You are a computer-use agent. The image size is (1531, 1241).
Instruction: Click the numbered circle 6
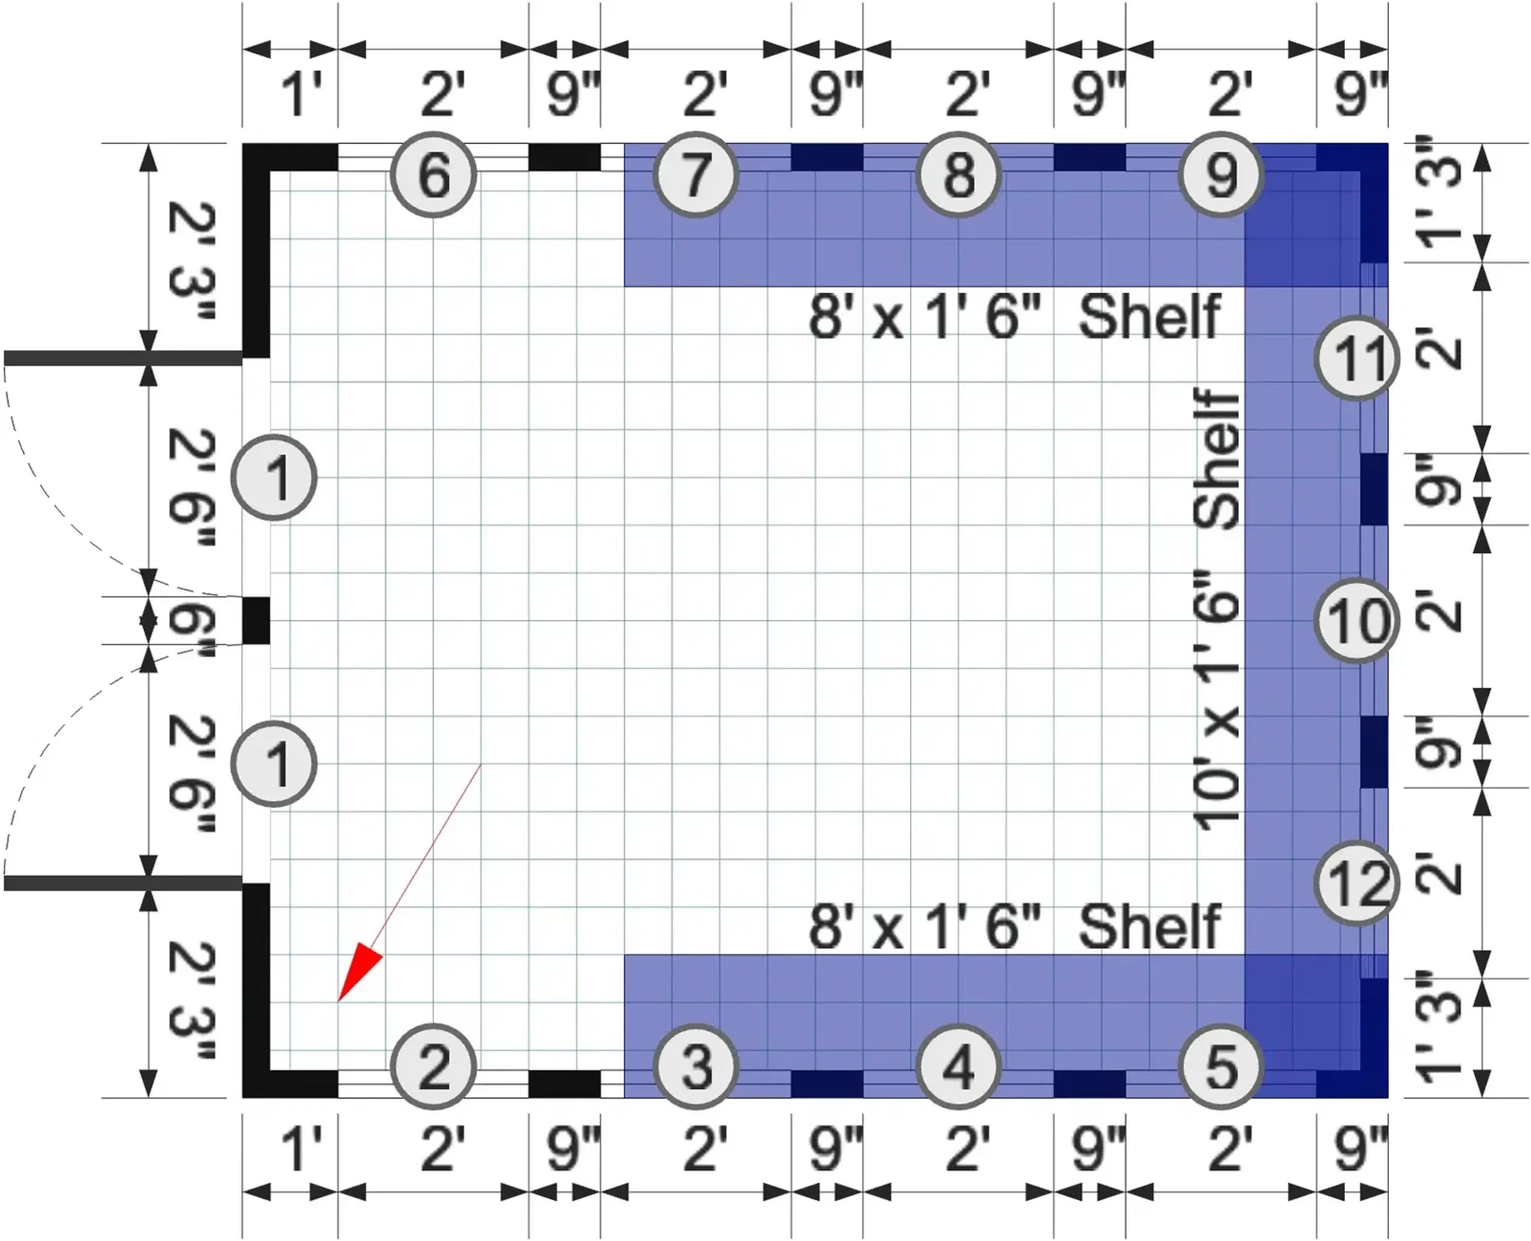pyautogui.click(x=433, y=175)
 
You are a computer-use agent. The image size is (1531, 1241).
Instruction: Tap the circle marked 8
pyautogui.click(x=958, y=175)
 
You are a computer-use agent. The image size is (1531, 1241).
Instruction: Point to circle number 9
pyautogui.click(x=1221, y=175)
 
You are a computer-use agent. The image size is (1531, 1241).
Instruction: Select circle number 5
pyautogui.click(x=1221, y=1066)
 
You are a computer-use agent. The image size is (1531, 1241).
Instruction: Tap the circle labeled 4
pyautogui.click(x=958, y=1066)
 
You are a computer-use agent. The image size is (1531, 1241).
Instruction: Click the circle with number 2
pyautogui.click(x=433, y=1066)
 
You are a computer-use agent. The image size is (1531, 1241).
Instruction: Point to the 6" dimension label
pyautogui.click(x=190, y=620)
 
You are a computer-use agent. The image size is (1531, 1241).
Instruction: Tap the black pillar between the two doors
pyautogui.click(x=256, y=620)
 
